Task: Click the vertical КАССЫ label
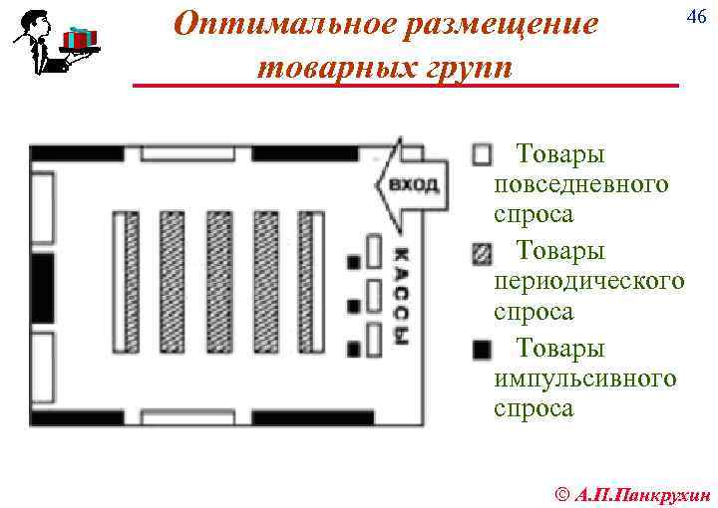coord(401,295)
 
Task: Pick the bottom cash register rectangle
coord(374,341)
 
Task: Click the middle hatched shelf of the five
coord(219,283)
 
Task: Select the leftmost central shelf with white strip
coord(124,283)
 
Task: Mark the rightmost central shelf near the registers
coord(313,283)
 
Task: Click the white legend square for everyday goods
coord(482,154)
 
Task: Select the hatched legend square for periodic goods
coord(482,252)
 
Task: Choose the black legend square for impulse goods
coord(482,350)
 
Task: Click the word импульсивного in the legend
coord(584,379)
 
